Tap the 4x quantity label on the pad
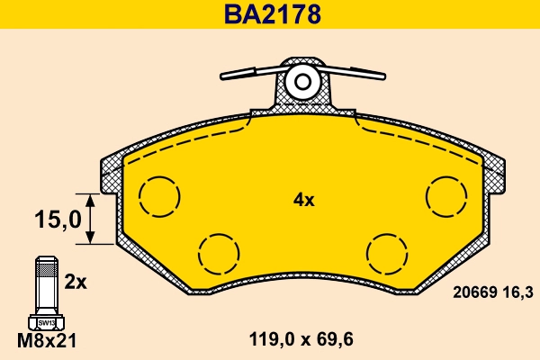[303, 200]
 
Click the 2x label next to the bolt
[75, 282]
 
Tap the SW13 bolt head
[44, 321]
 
